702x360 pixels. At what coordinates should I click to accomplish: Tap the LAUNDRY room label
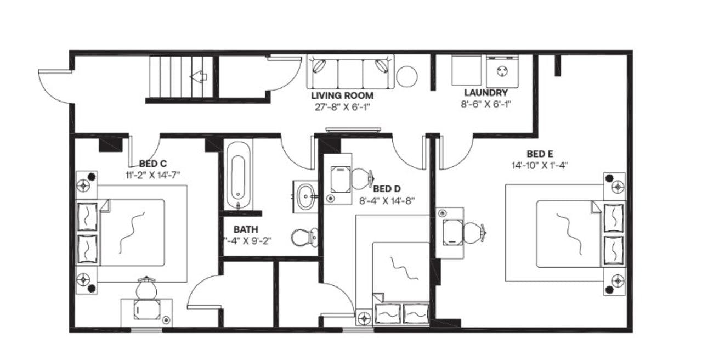tap(485, 93)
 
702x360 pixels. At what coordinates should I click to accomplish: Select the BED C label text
tap(152, 164)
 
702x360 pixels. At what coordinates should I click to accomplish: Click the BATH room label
tap(246, 229)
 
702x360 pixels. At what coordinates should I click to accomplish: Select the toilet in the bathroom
tap(303, 238)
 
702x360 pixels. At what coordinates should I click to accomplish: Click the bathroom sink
tap(305, 194)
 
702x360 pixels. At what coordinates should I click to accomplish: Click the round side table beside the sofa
tap(407, 77)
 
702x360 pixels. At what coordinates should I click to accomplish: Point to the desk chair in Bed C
tap(146, 288)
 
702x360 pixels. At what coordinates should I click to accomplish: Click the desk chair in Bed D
tap(361, 177)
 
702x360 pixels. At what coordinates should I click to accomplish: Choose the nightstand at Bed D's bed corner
tap(364, 317)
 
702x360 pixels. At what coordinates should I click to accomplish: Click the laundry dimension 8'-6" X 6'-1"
tap(485, 103)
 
